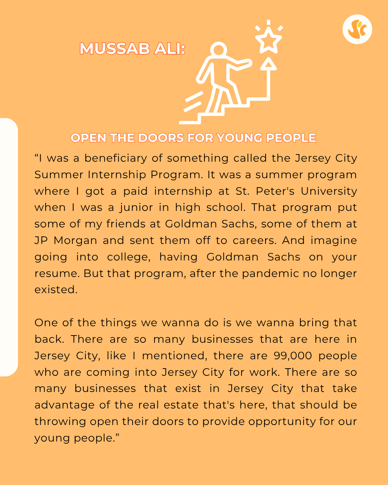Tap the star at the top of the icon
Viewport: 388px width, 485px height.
click(268, 40)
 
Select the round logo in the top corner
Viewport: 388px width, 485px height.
click(357, 29)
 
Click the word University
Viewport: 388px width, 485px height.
click(329, 191)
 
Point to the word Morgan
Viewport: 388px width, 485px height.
click(75, 240)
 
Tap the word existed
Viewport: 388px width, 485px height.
click(56, 290)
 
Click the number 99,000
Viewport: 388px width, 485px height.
click(293, 356)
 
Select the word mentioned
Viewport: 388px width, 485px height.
click(175, 356)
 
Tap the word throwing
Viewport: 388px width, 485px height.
click(60, 422)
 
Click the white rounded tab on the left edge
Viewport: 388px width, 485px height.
click(9, 247)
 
